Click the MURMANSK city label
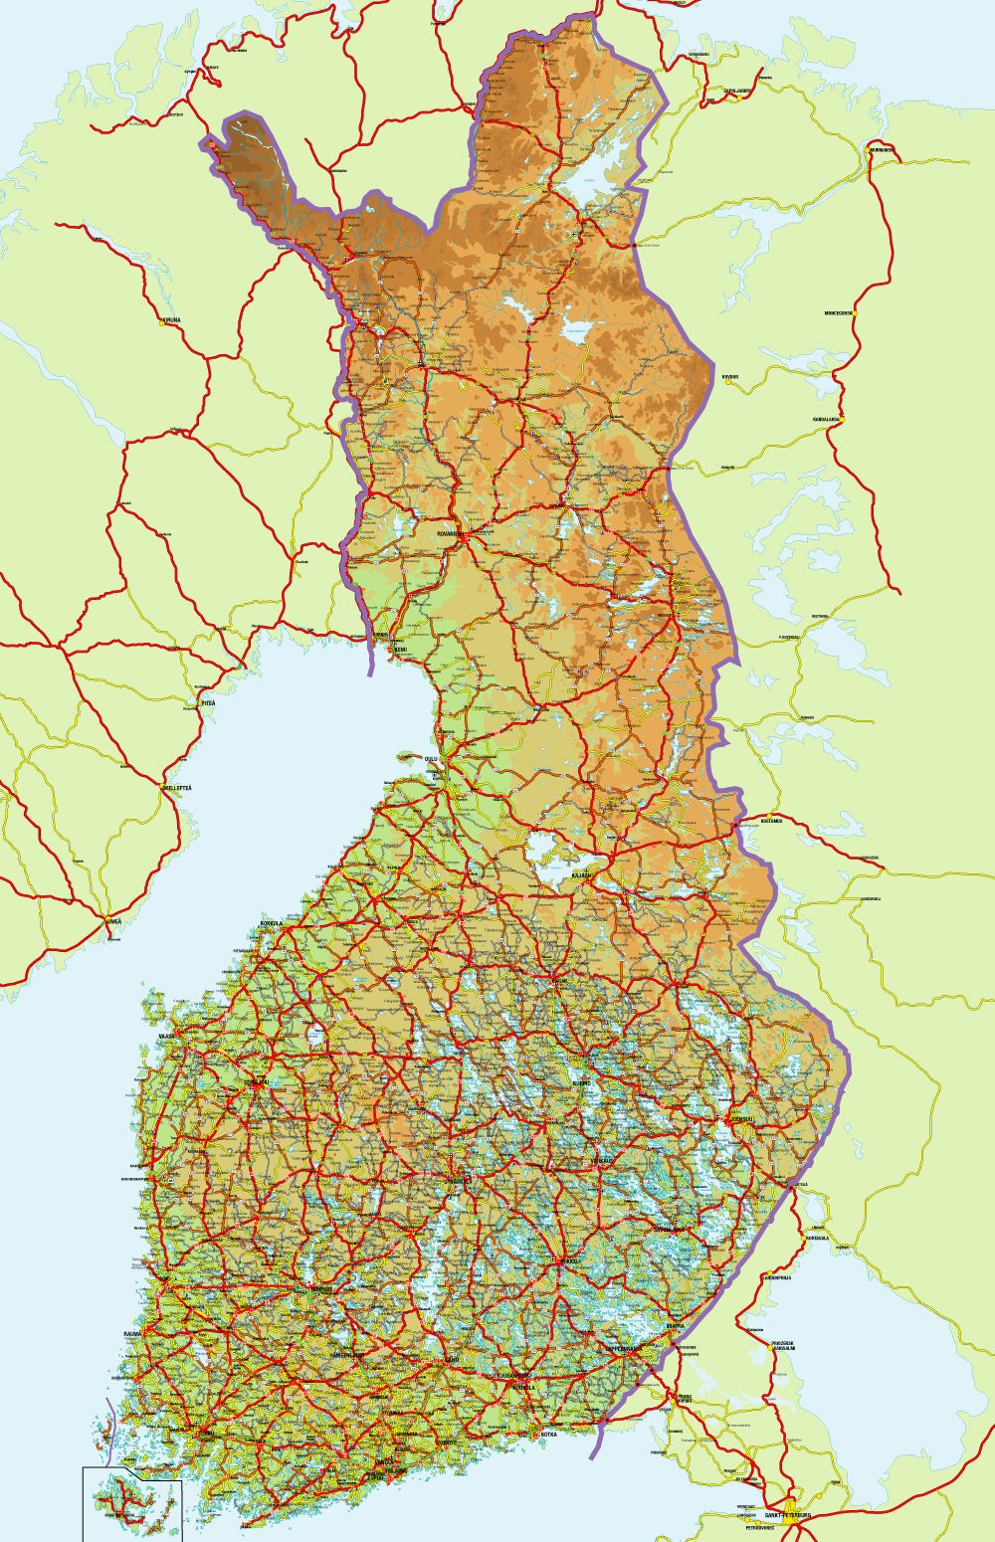coord(882,150)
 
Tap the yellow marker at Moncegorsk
coord(853,313)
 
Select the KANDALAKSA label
coord(826,420)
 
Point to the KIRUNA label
coord(173,320)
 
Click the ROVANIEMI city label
coord(450,534)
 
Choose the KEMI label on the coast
coord(400,650)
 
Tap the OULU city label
coord(431,759)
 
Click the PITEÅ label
coord(208,703)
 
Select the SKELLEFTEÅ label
coord(177,788)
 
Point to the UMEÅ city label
coord(114,922)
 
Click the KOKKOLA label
coord(271,924)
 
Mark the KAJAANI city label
coord(580,875)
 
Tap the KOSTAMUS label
coord(772,821)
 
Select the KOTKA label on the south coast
coord(549,1435)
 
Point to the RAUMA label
coord(132,1334)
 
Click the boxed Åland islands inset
coord(132,1503)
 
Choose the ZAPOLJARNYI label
coord(737,90)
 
